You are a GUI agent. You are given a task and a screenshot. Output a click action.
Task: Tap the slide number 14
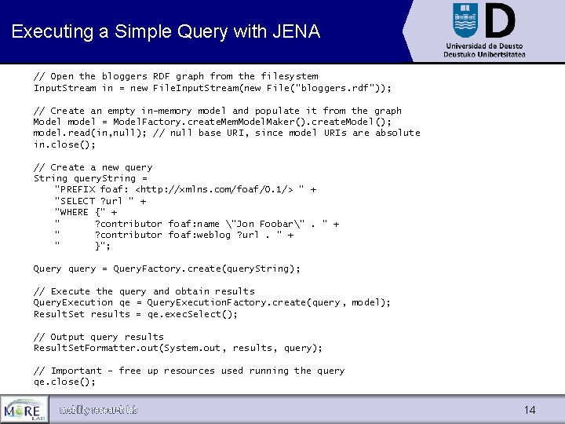point(530,410)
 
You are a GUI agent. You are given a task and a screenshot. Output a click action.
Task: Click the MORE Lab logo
point(24,409)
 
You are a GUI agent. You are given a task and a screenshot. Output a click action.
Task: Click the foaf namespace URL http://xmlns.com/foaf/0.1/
point(215,189)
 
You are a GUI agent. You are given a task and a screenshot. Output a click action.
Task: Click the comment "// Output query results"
point(98,337)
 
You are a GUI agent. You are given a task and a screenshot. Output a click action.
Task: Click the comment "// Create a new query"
point(93,167)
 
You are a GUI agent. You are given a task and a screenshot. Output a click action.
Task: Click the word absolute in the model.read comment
point(397,133)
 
